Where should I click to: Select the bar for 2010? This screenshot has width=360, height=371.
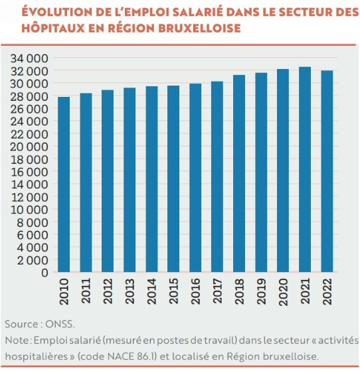pyautogui.click(x=64, y=185)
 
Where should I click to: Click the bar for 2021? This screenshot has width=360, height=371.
pyautogui.click(x=305, y=169)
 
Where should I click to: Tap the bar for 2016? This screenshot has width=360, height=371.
pyautogui.click(x=195, y=178)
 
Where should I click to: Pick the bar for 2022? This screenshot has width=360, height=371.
pyautogui.click(x=327, y=171)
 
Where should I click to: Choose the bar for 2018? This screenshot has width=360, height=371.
pyautogui.click(x=239, y=173)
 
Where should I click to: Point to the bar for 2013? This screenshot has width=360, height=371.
pyautogui.click(x=130, y=180)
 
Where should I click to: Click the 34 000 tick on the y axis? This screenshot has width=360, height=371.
pyautogui.click(x=29, y=58)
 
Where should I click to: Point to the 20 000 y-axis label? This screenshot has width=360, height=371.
pyautogui.click(x=29, y=147)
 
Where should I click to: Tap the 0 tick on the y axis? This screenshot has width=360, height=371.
pyautogui.click(x=45, y=273)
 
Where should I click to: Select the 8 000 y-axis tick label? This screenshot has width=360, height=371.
pyautogui.click(x=32, y=222)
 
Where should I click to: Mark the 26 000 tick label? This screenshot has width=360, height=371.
pyautogui.click(x=29, y=109)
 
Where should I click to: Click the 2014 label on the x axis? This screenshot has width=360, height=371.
pyautogui.click(x=151, y=291)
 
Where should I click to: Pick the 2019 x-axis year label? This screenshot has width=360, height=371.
pyautogui.click(x=261, y=291)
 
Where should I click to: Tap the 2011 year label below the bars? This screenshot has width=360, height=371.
pyautogui.click(x=86, y=291)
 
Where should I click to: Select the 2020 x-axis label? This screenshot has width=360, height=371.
pyautogui.click(x=283, y=291)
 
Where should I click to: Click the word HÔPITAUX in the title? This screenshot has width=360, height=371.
pyautogui.click(x=53, y=27)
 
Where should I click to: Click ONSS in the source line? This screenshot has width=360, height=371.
pyautogui.click(x=60, y=324)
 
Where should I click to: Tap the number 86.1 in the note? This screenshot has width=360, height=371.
pyautogui.click(x=146, y=356)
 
